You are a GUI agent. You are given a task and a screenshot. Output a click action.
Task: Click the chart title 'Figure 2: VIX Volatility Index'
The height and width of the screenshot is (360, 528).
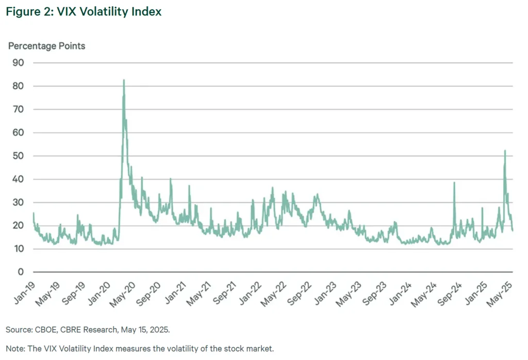point(84,11)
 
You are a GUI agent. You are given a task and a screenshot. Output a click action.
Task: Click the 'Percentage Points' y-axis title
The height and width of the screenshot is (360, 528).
point(46,46)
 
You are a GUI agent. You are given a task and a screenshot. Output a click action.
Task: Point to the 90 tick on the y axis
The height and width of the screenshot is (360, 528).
point(19,62)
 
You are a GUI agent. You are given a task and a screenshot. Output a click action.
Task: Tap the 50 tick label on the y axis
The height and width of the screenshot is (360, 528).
point(19,156)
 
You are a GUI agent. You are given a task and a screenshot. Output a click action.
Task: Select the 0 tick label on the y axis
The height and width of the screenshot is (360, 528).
point(21,272)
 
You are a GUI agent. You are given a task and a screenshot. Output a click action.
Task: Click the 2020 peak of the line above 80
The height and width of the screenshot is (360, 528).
point(124,80)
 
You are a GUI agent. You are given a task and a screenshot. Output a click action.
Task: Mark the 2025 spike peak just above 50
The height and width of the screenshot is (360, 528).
point(505,151)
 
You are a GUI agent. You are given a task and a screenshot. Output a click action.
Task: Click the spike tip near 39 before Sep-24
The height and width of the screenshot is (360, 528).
point(454,183)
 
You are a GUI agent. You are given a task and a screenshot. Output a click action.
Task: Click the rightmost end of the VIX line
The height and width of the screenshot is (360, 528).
point(513,230)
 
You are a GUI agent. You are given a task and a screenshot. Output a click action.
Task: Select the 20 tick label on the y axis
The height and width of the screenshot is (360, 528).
point(19,225)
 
